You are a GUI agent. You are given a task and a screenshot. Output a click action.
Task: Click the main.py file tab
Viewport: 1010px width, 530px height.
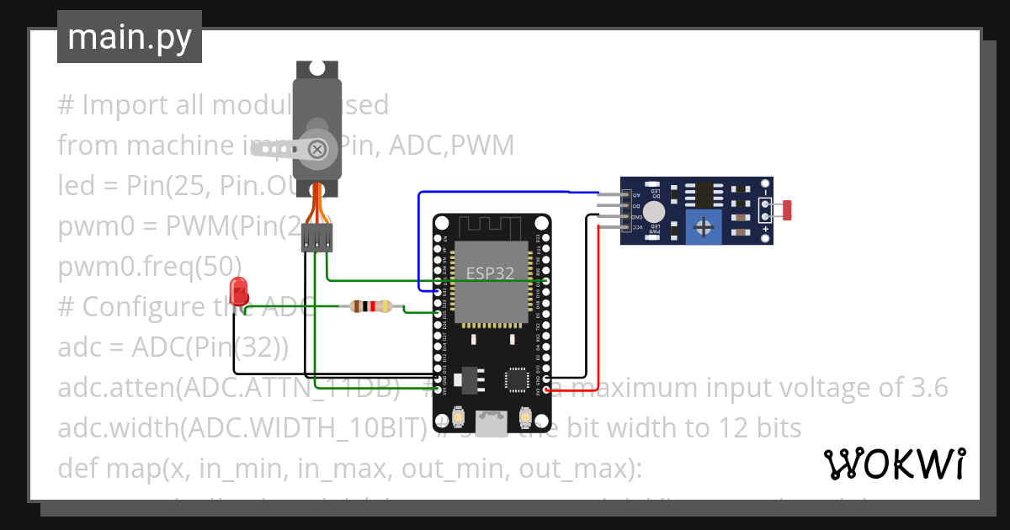coord(129,37)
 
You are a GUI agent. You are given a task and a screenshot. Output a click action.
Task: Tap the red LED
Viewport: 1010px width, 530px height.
coord(240,290)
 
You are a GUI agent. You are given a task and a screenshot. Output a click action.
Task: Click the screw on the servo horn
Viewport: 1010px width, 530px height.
coord(317,150)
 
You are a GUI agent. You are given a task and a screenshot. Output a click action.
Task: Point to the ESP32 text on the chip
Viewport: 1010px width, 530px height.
coord(492,273)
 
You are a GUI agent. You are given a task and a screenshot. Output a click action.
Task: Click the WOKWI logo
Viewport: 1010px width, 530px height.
coord(894,464)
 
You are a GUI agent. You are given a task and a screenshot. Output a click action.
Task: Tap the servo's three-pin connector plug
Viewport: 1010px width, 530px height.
coord(316,240)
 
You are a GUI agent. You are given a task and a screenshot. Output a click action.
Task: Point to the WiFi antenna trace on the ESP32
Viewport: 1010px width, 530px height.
coord(492,226)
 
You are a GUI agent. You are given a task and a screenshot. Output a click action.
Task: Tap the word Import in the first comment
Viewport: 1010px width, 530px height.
coord(118,105)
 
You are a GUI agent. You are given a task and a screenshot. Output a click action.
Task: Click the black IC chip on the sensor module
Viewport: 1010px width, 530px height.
coord(704,194)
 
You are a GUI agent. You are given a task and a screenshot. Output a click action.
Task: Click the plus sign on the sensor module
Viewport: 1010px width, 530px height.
coord(765,229)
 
